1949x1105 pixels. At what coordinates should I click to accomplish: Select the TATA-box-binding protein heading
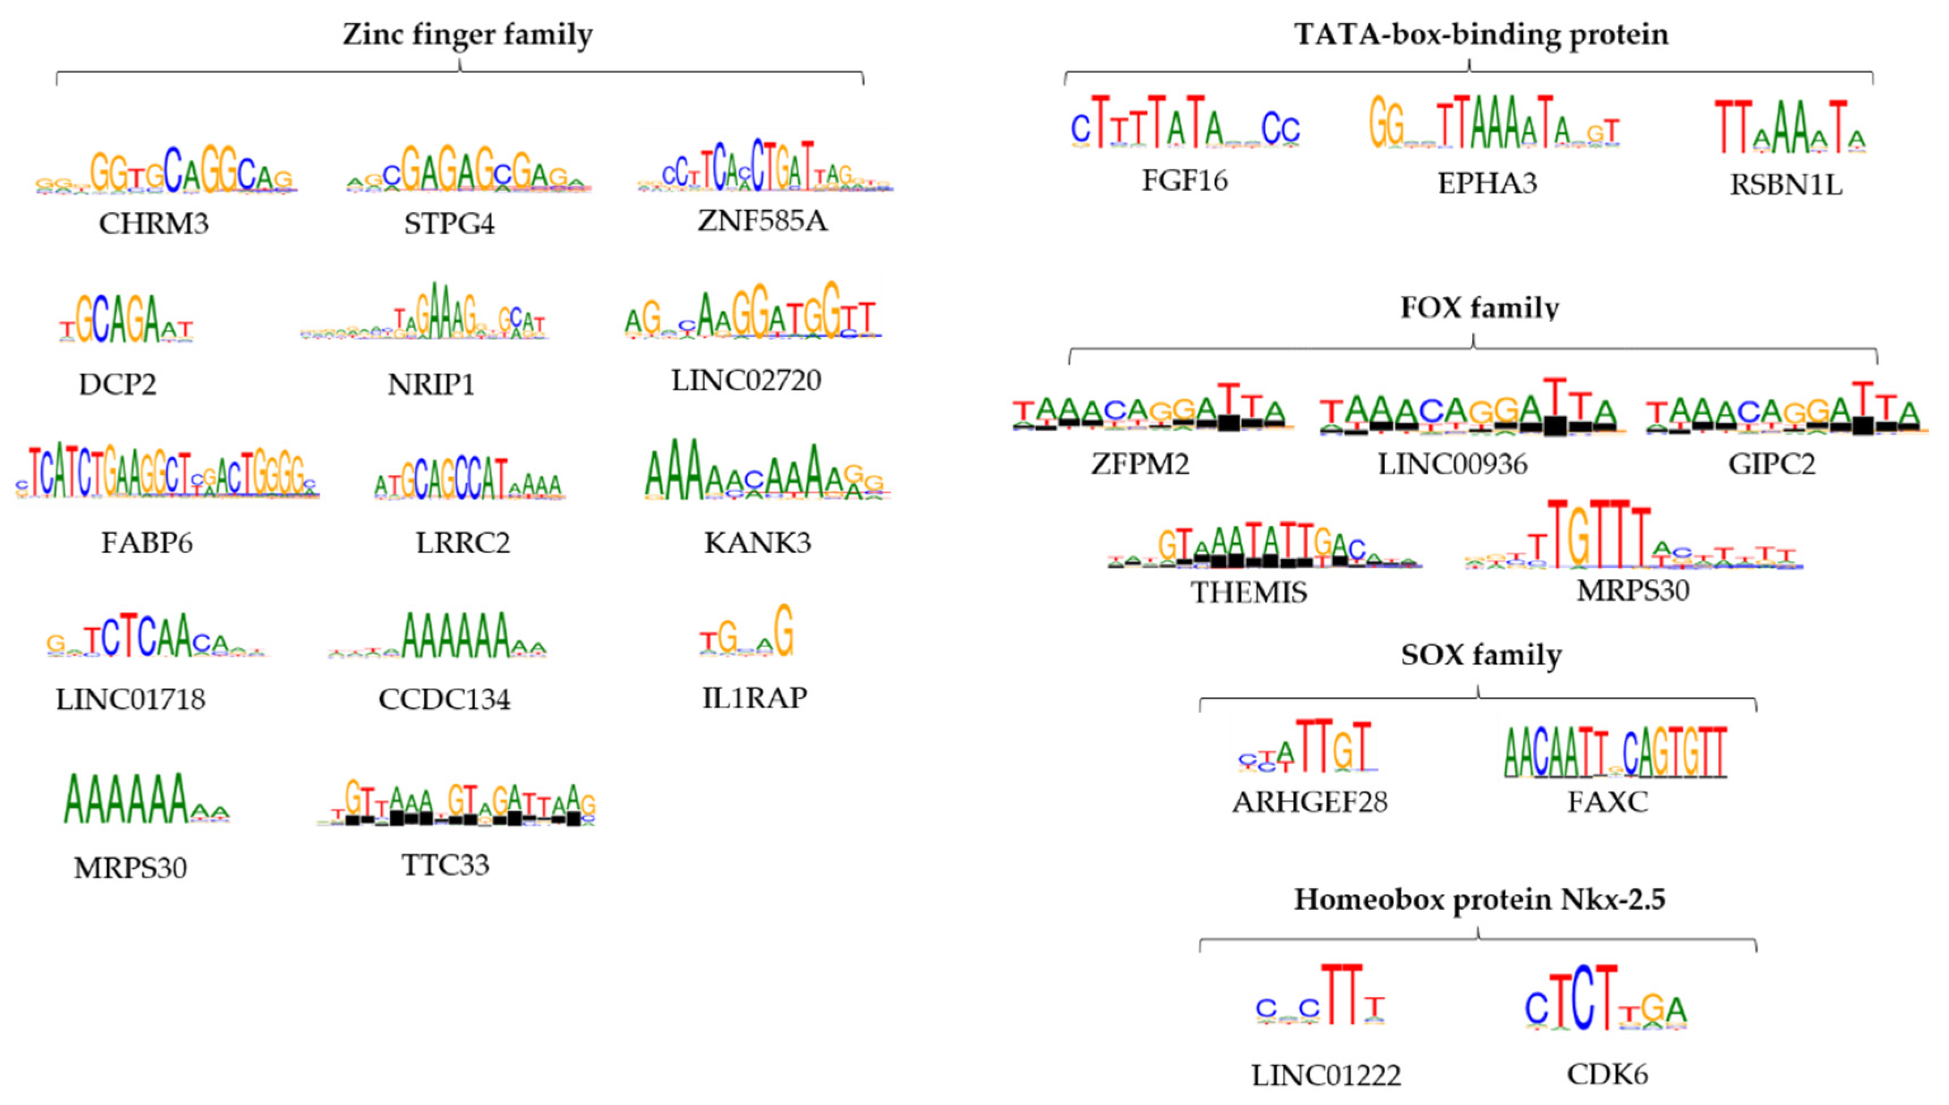tap(1481, 35)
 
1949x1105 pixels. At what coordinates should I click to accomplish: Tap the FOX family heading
tap(1479, 308)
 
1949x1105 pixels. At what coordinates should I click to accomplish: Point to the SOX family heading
tap(1481, 654)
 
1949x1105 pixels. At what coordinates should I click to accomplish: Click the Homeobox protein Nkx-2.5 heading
tap(1479, 900)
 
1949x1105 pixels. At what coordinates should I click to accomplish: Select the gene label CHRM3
tap(153, 224)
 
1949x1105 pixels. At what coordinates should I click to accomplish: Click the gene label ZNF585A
tap(762, 221)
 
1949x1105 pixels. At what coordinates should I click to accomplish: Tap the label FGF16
tap(1184, 181)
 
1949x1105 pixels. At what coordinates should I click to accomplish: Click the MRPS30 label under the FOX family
tap(1632, 590)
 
